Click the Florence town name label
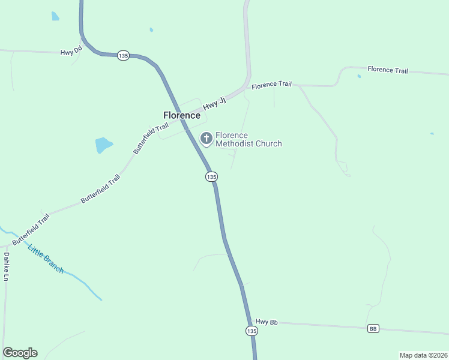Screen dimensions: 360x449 point(182,115)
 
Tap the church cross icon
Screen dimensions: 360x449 point(206,139)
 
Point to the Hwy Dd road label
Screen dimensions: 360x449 point(71,52)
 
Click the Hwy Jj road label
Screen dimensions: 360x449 point(214,103)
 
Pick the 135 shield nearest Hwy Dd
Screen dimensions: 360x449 point(123,55)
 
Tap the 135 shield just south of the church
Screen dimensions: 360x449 point(211,176)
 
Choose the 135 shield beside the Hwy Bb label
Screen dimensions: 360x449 point(252,331)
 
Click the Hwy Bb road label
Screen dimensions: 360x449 point(267,322)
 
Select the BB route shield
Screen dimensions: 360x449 point(373,328)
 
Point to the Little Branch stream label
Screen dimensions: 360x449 point(46,259)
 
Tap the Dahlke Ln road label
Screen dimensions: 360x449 point(6,266)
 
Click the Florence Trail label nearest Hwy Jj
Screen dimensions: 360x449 point(271,85)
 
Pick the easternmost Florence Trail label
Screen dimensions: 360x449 point(388,70)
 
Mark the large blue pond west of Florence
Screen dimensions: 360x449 point(103,145)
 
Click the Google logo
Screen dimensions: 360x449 point(20,353)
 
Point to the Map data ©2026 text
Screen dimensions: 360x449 point(423,355)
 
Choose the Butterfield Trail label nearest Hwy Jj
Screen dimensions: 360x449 point(151,139)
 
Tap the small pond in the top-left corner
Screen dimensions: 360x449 point(55,16)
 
